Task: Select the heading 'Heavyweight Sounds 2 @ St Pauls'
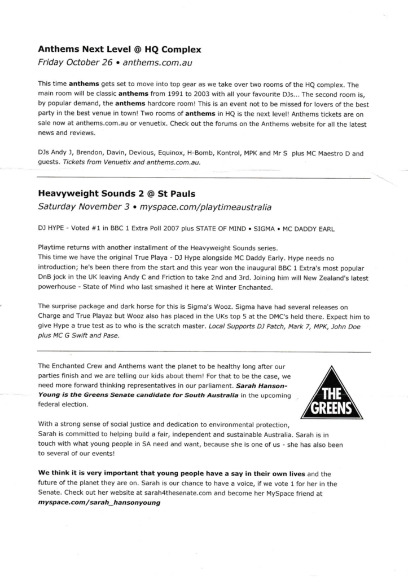(x=120, y=193)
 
